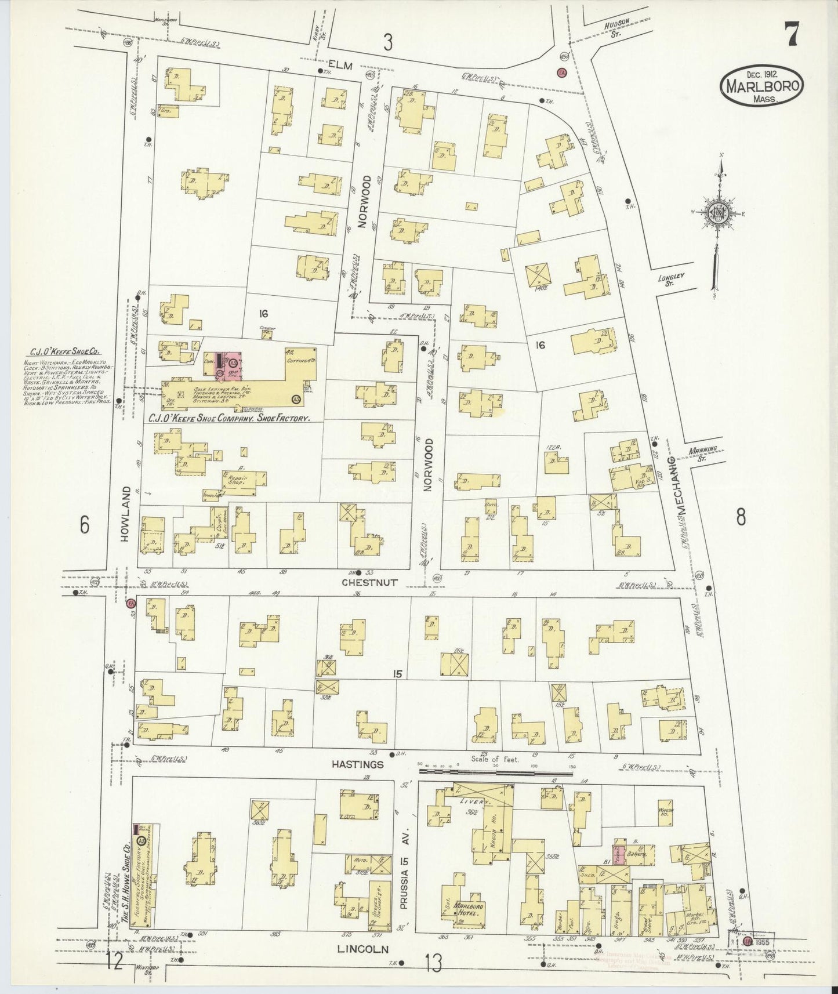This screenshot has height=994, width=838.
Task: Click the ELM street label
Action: (340, 66)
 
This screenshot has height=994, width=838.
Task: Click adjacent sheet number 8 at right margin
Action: (741, 517)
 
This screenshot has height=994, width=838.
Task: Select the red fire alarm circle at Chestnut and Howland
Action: (131, 604)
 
